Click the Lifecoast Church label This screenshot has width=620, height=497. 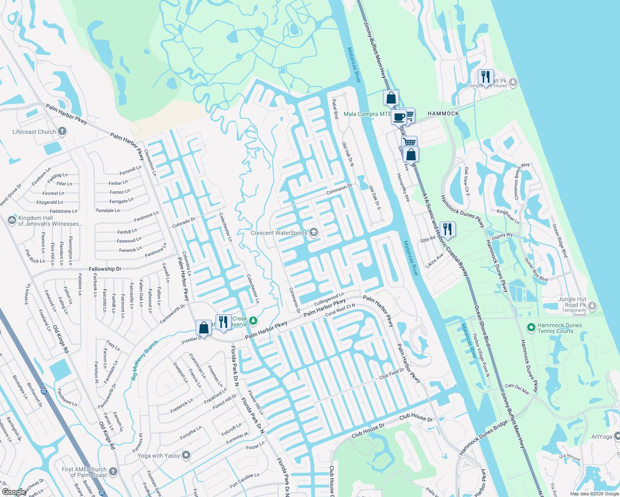[x=34, y=132]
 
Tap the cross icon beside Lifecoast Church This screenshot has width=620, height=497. [x=62, y=132]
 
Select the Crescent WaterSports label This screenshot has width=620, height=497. [x=279, y=233]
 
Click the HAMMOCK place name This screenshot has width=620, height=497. [x=443, y=113]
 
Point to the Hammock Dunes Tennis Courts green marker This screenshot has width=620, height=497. [x=531, y=328]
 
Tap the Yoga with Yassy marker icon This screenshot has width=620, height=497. [x=186, y=455]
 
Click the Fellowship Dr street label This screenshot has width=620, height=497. [x=105, y=269]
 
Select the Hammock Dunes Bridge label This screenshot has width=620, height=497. [x=483, y=438]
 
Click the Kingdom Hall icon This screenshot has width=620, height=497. [x=12, y=220]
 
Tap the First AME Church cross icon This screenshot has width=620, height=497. [x=113, y=472]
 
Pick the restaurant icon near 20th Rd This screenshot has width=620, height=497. [x=447, y=229]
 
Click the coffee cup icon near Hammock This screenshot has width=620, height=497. [x=399, y=117]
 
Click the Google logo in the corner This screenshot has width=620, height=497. [x=14, y=492]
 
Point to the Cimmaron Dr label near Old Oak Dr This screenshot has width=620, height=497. [x=339, y=190]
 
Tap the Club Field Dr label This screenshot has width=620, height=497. [x=391, y=374]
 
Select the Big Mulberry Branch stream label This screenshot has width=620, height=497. [x=144, y=360]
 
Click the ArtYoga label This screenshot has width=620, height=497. [x=601, y=437]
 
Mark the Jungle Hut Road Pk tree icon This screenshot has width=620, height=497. [x=592, y=306]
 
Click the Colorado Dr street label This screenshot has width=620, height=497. [x=183, y=222]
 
